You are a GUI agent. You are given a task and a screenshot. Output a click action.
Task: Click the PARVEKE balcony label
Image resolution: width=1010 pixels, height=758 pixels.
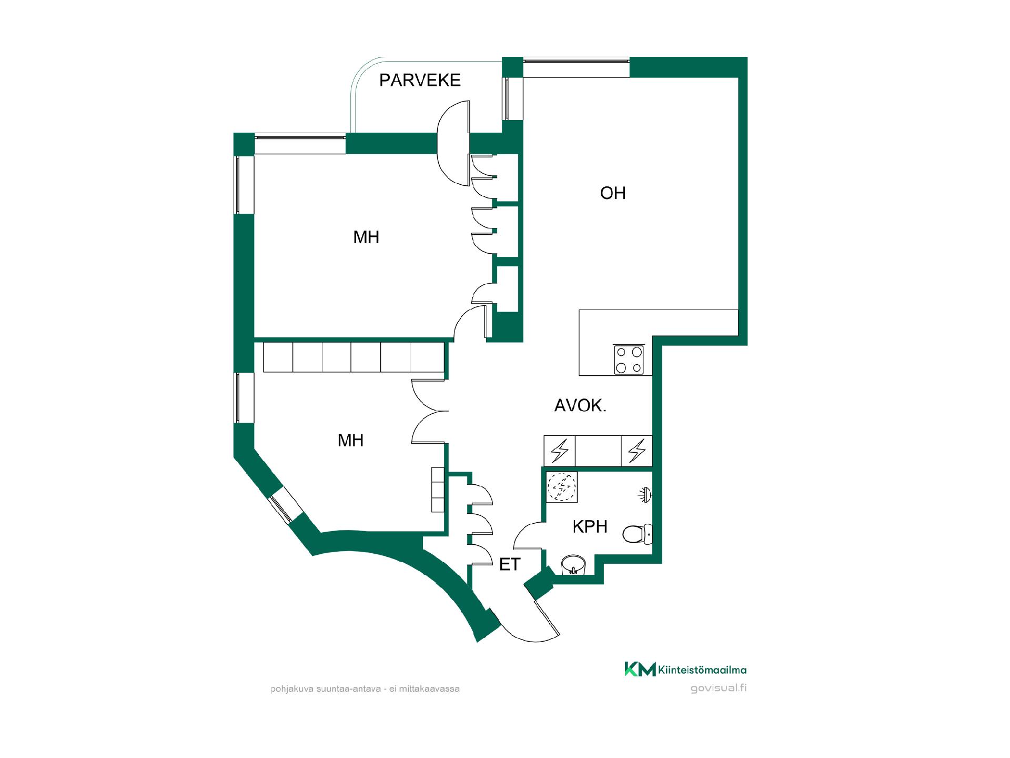[420, 80]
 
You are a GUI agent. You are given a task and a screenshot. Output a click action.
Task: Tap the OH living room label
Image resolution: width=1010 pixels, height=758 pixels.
[613, 193]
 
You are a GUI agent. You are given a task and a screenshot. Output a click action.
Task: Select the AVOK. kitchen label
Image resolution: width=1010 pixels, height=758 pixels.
[580, 405]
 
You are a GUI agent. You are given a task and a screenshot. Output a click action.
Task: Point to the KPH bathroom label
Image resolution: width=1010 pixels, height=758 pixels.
[590, 526]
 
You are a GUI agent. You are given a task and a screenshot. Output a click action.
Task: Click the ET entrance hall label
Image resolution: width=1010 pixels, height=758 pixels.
[509, 565]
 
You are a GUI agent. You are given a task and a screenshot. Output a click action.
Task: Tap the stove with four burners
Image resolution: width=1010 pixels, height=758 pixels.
[629, 360]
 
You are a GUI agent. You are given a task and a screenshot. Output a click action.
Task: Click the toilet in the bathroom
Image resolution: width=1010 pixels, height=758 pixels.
[637, 534]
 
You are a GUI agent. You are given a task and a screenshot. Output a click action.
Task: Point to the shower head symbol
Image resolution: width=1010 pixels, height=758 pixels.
[645, 494]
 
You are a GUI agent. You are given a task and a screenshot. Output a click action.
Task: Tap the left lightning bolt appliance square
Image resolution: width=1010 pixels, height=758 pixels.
[560, 451]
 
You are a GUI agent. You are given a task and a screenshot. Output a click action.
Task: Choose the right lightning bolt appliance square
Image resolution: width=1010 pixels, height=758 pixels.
[637, 451]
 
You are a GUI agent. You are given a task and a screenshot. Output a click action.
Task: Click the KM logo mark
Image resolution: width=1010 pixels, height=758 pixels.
[640, 669]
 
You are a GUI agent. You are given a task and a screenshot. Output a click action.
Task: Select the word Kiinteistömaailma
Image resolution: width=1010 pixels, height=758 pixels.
[702, 670]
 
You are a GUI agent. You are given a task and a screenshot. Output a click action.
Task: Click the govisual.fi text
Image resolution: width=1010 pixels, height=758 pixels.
[719, 689]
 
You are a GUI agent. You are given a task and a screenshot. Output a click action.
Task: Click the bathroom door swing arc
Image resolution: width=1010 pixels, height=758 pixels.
[521, 532]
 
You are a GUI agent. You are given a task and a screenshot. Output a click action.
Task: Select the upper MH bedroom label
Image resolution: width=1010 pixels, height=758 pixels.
[366, 237]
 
